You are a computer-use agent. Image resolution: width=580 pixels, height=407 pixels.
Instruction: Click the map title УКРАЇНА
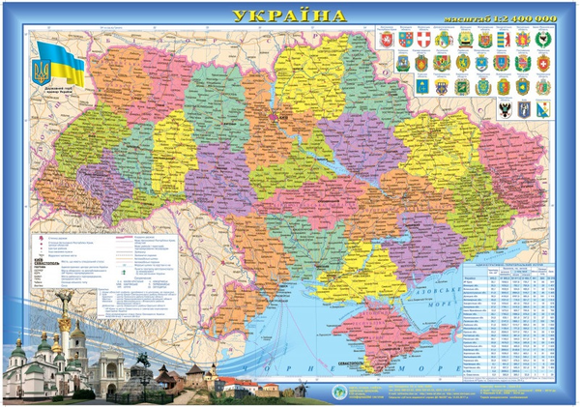click(289, 15)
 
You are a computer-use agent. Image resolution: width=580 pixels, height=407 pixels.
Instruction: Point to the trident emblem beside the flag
click(41, 73)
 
